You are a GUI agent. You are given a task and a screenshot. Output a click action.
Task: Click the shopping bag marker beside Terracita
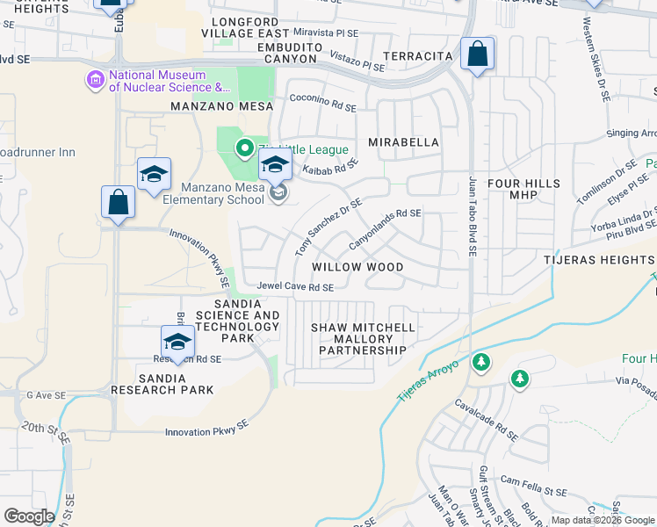pyautogui.click(x=476, y=54)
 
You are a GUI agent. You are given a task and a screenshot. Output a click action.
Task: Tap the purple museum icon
pyautogui.click(x=95, y=81)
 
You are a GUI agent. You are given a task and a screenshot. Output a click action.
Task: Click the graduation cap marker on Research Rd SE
pyautogui.click(x=177, y=342)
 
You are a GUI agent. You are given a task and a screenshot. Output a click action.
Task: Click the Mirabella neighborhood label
pyautogui.click(x=401, y=141)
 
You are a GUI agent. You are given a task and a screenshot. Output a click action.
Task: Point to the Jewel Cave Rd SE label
pyautogui.click(x=295, y=287)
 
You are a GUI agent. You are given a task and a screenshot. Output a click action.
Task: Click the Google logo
pyautogui.click(x=29, y=516)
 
